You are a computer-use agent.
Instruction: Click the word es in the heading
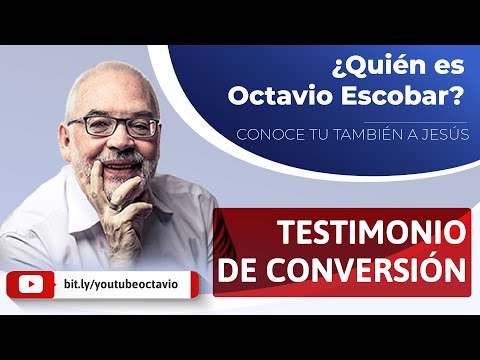pyautogui.click(x=432, y=69)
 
